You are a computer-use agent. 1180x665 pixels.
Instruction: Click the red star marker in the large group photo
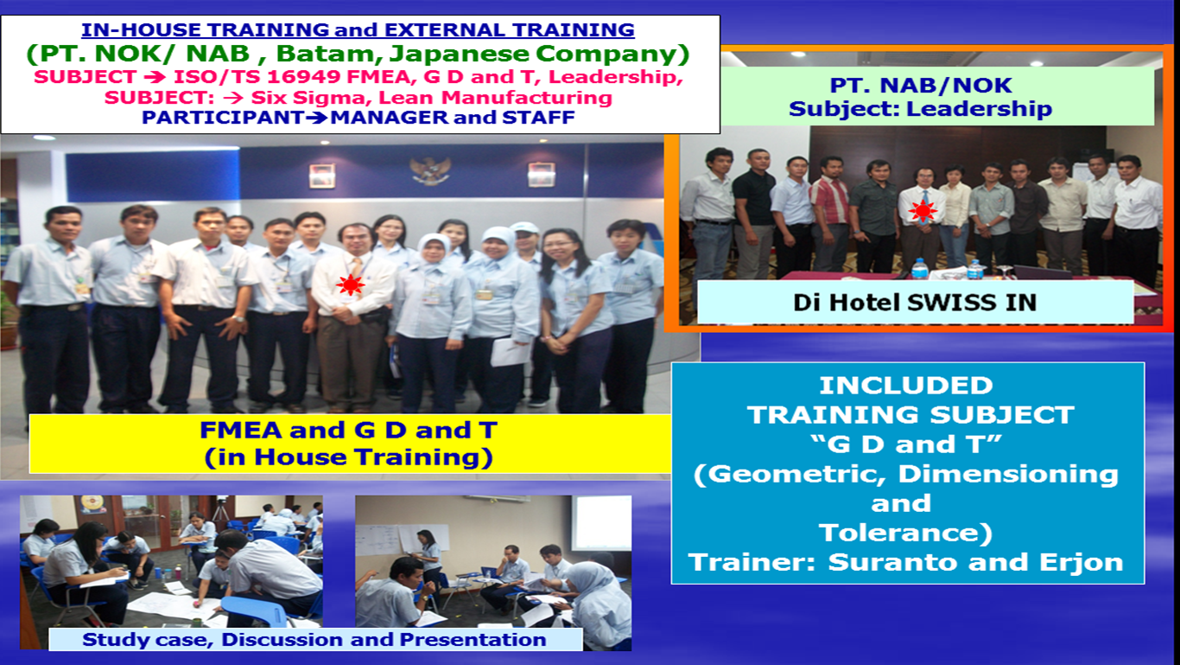click(x=351, y=285)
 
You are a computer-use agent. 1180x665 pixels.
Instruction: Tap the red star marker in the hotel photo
click(x=923, y=212)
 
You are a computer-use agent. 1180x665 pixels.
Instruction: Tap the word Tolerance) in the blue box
click(x=905, y=533)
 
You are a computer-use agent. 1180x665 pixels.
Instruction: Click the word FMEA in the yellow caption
click(x=241, y=431)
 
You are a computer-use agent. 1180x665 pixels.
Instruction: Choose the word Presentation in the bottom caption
click(x=473, y=640)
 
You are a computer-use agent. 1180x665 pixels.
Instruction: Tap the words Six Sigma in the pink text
click(x=311, y=98)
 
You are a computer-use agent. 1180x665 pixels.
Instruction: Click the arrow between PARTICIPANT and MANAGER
click(x=317, y=118)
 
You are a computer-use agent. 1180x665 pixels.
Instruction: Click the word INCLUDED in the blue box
click(x=905, y=386)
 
